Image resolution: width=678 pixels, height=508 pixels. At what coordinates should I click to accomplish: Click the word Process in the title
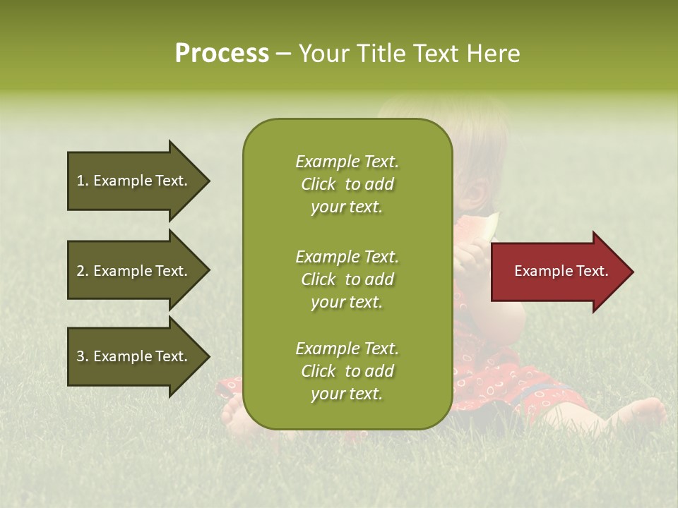coord(222,54)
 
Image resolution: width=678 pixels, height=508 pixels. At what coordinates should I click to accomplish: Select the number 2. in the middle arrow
coord(83,271)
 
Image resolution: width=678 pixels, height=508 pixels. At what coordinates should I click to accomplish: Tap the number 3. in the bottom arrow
coord(83,356)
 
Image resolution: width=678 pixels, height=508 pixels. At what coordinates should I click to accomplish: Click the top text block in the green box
coord(347,184)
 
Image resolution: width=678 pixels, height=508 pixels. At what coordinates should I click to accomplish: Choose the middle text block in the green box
coord(347,279)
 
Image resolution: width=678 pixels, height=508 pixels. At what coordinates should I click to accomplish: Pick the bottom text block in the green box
coord(347,371)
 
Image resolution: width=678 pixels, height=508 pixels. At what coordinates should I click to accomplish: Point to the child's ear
coord(477,192)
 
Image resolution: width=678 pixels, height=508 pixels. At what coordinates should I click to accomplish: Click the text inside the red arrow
coord(561,271)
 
